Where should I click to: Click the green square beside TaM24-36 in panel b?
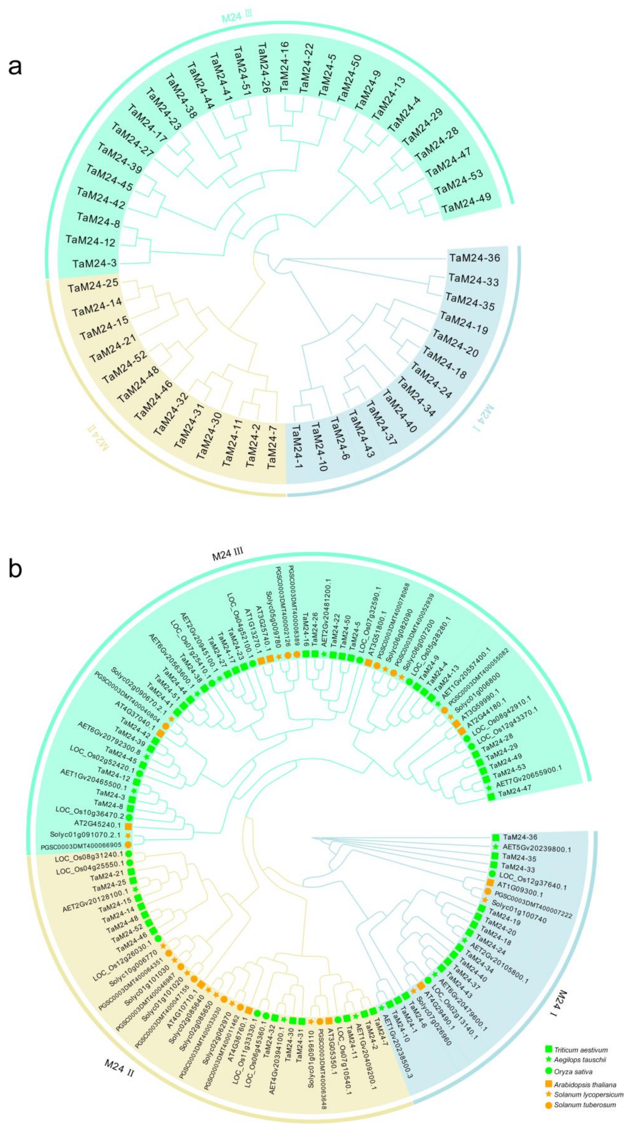(x=496, y=837)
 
